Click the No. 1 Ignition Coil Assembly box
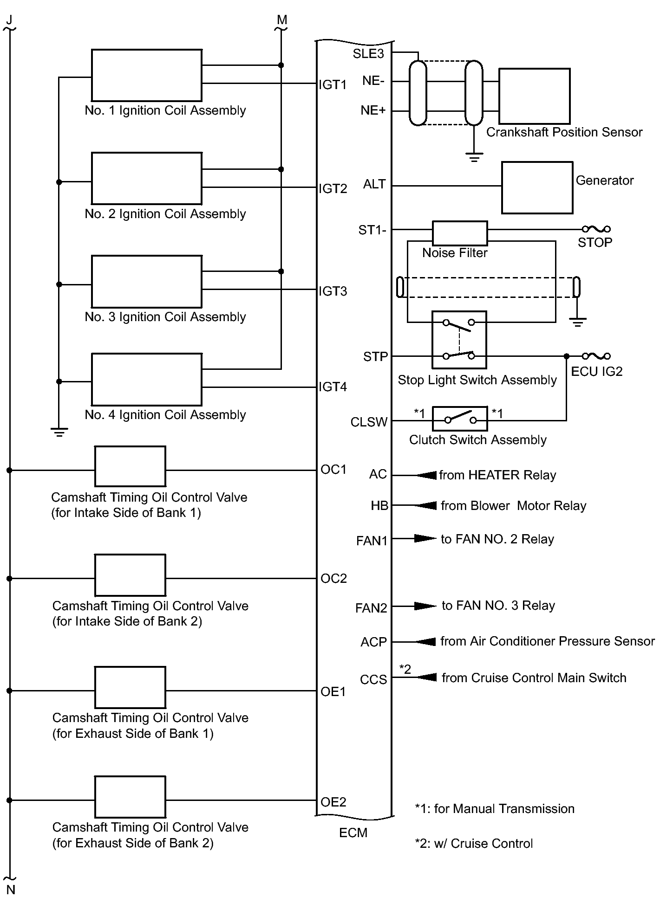click(146, 75)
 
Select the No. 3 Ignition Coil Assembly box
click(146, 281)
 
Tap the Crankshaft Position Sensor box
click(534, 96)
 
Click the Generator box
click(537, 187)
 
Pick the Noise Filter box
click(460, 233)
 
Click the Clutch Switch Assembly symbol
click(460, 419)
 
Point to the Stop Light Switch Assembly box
click(459, 340)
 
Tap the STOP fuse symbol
click(596, 229)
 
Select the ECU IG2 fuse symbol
click(596, 356)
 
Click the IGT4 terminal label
click(333, 387)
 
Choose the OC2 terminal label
click(333, 579)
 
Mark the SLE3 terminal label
click(368, 54)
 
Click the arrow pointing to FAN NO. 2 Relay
click(425, 539)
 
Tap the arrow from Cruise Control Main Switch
click(426, 678)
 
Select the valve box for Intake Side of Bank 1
click(130, 466)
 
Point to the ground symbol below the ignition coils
click(59, 432)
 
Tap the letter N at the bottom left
click(11, 890)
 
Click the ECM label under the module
click(353, 833)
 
